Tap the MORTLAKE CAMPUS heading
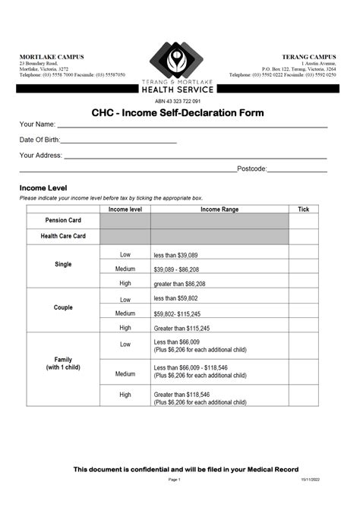coord(52,57)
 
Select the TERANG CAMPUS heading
coord(309,57)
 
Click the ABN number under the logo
coord(178,101)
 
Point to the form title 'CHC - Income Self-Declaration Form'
coord(178,113)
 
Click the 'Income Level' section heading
coord(43,188)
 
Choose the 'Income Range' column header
coord(219,209)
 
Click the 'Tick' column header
coord(304,209)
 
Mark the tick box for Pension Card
coord(304,221)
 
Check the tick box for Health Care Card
coord(304,237)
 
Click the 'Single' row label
coord(63,265)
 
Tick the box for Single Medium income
coord(304,269)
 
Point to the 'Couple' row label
coord(63,308)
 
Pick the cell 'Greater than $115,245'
coord(182,328)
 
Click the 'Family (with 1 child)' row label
coord(63,363)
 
